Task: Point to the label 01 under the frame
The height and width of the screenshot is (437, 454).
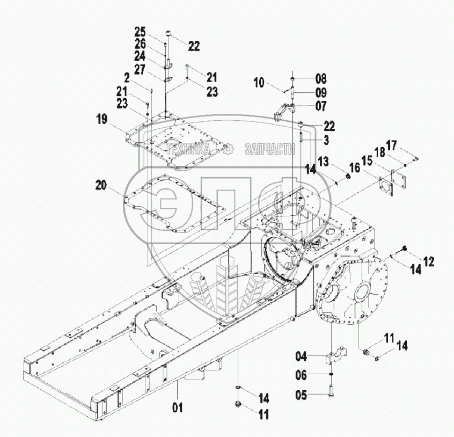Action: pyautogui.click(x=178, y=407)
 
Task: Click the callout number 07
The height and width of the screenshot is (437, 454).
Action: pyautogui.click(x=321, y=106)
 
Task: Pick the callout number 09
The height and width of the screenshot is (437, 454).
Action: pyautogui.click(x=321, y=92)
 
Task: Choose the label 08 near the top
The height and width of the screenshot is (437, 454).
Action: pyautogui.click(x=321, y=78)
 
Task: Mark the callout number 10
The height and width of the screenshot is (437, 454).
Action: pyautogui.click(x=259, y=82)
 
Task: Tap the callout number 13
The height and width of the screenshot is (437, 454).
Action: pyautogui.click(x=338, y=162)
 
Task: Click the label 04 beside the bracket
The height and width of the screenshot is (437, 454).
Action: pyautogui.click(x=301, y=355)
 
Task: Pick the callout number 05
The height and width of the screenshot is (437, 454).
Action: pyautogui.click(x=301, y=396)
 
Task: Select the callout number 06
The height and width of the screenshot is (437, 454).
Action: pyautogui.click(x=301, y=375)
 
